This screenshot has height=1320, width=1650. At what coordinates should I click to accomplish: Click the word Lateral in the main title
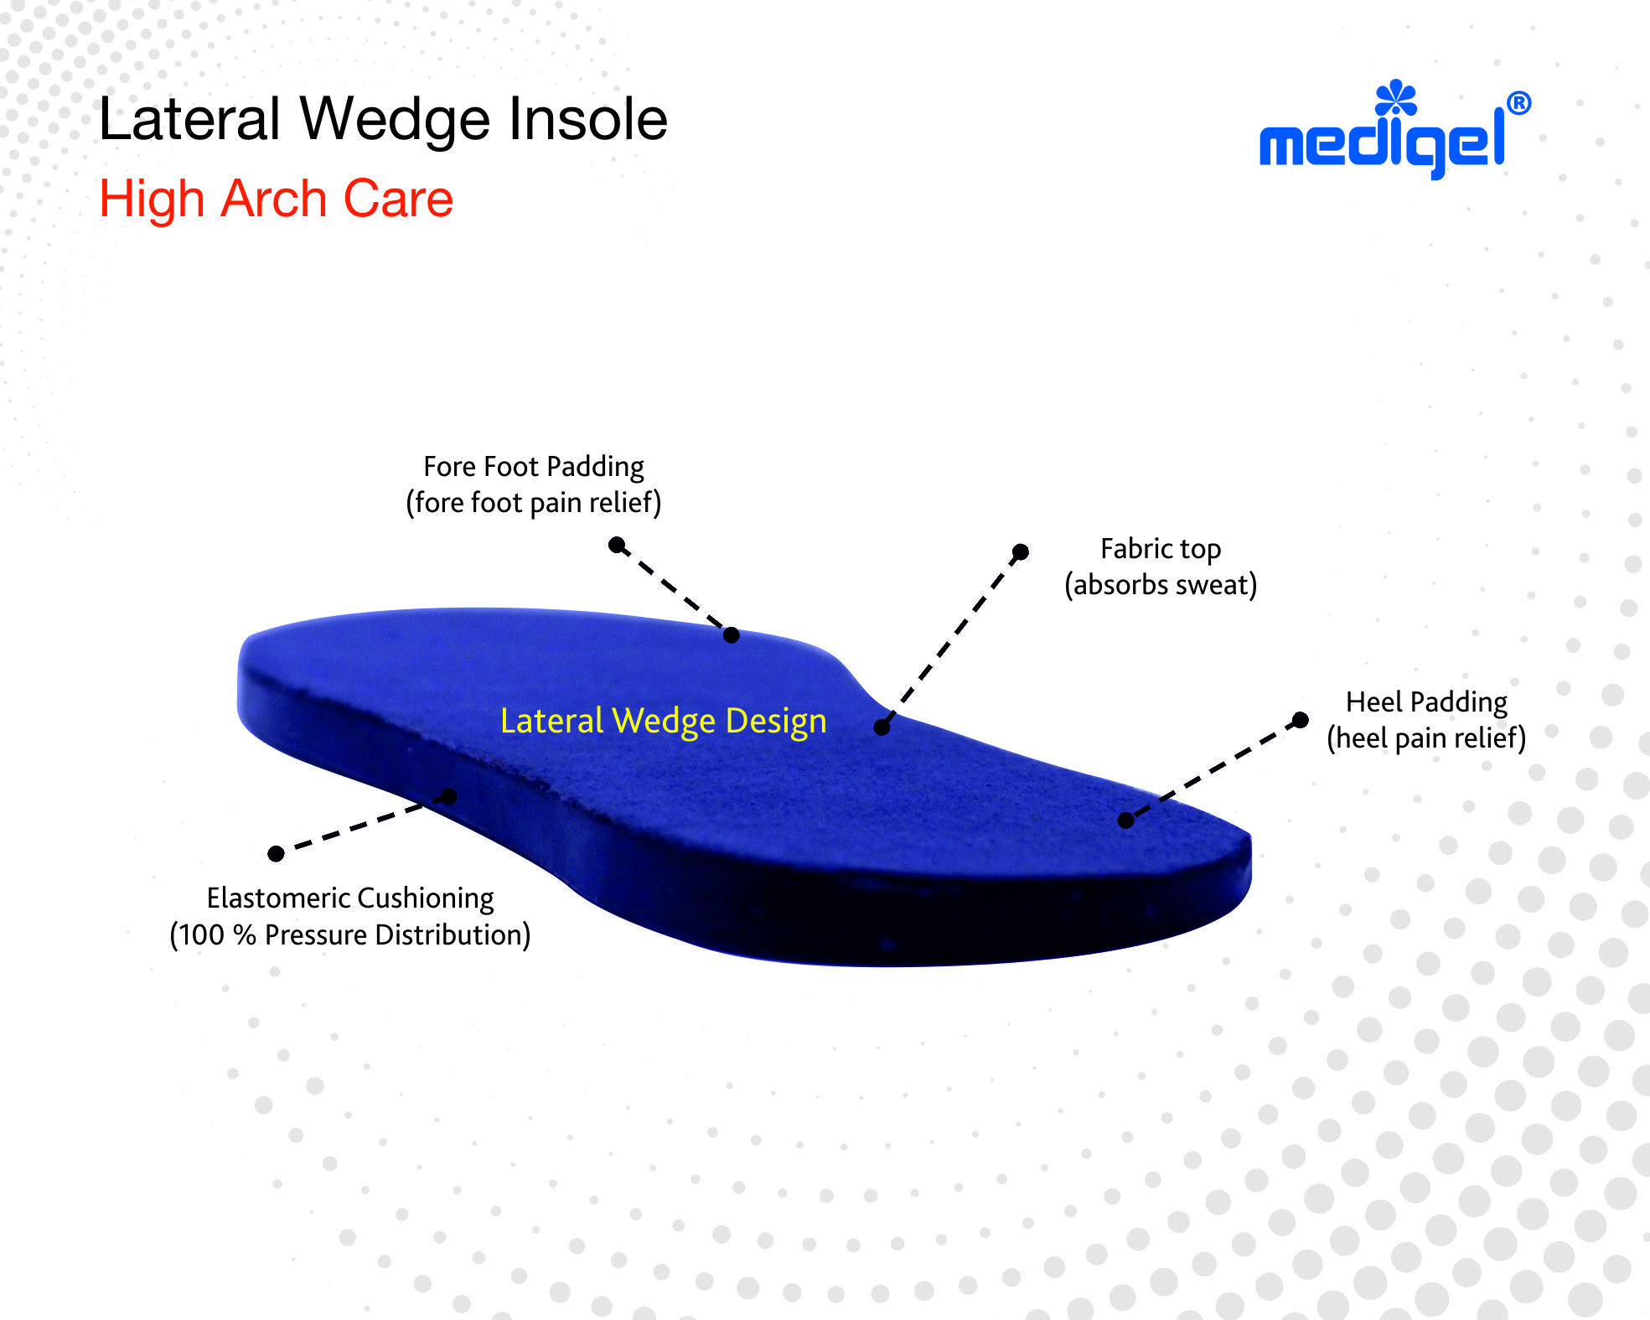pos(189,119)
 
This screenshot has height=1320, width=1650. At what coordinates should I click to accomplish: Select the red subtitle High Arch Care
pos(276,199)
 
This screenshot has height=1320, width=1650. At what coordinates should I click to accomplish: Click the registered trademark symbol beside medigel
pos(1518,104)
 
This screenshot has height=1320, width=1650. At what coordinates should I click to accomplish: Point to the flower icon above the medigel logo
pos(1395,98)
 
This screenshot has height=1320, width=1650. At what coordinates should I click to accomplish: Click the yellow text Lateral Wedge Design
pos(663,721)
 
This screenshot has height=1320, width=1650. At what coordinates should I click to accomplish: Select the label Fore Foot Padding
pos(534,466)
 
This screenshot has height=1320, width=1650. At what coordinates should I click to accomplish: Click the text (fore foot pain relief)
pos(534,503)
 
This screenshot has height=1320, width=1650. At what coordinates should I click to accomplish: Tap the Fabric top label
pos(1161,548)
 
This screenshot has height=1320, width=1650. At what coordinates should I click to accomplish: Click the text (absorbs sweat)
pos(1161,585)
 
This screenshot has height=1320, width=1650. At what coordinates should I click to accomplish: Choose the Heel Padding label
pos(1426,701)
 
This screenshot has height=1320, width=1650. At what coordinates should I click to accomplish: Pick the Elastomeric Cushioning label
pos(350,898)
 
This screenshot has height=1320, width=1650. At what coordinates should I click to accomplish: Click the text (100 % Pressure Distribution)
pos(350,934)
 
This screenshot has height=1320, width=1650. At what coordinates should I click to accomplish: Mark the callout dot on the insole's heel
pos(1126,820)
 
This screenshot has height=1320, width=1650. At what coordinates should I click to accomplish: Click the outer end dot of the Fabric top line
pos(1021,551)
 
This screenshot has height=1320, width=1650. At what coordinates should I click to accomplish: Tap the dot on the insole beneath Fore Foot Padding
pos(731,635)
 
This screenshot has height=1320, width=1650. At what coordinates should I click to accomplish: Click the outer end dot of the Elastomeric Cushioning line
pos(276,853)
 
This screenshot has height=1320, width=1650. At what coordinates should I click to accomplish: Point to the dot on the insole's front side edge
pos(449,796)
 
